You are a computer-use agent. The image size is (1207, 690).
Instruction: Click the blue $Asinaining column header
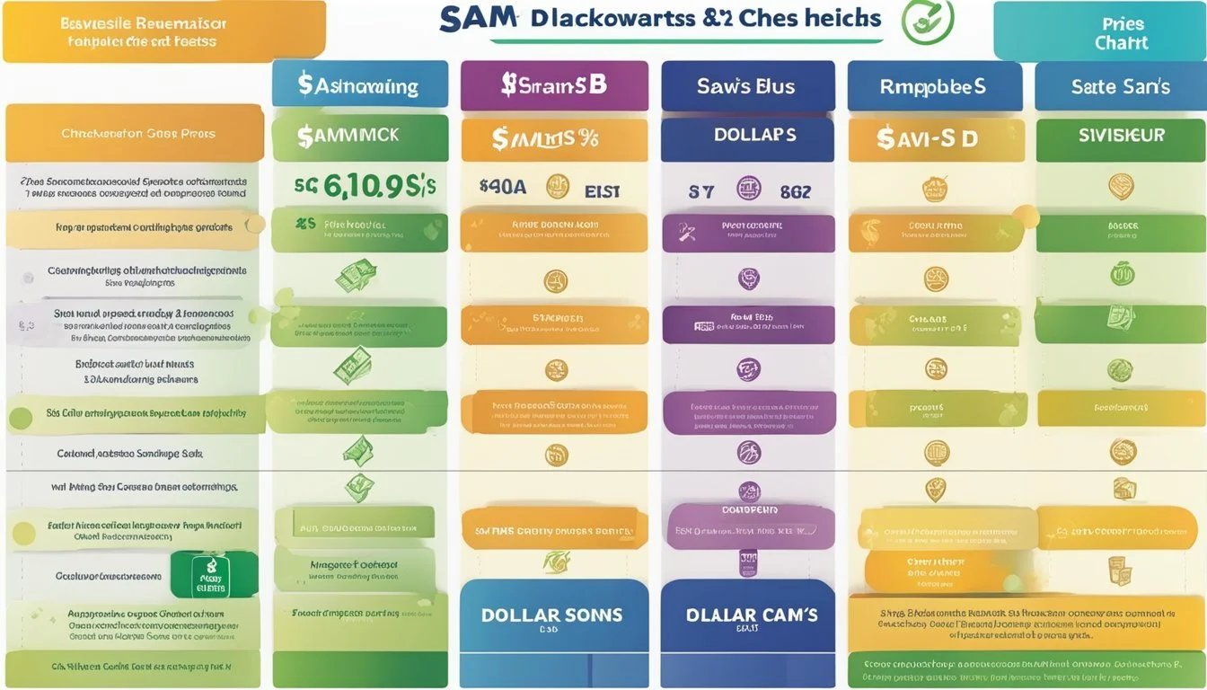359,85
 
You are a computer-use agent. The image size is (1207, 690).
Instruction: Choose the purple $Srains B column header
553,85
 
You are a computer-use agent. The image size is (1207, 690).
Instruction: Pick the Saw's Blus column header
747,86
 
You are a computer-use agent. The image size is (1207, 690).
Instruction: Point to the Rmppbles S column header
935,86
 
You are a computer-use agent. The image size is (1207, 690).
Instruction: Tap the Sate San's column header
1120,86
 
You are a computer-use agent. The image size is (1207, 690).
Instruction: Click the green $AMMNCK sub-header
359,136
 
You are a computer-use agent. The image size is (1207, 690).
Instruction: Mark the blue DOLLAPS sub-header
747,136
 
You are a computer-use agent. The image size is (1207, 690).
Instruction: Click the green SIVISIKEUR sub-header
1120,136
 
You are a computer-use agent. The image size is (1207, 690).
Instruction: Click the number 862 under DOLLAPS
795,191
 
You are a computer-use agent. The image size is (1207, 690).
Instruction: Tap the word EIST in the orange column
602,190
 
